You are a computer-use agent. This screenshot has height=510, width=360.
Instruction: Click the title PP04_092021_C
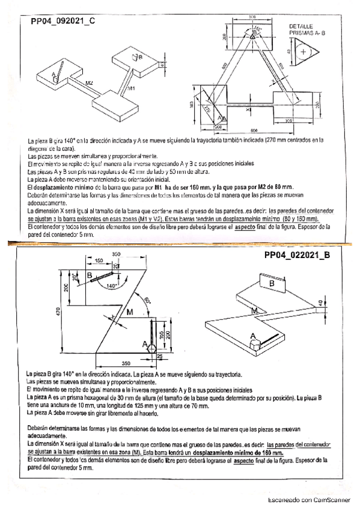point(63,20)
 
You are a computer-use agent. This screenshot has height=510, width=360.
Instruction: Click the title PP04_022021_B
point(297,254)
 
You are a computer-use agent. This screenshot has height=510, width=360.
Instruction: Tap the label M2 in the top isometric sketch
point(89,82)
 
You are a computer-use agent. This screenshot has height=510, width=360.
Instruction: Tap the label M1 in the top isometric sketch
point(131,88)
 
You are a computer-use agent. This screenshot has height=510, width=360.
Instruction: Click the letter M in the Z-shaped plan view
point(130,312)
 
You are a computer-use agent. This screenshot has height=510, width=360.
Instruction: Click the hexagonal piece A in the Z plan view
point(150,348)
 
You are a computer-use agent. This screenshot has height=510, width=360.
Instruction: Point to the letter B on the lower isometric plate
point(272,283)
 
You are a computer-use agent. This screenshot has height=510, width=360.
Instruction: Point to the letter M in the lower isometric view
point(254,310)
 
